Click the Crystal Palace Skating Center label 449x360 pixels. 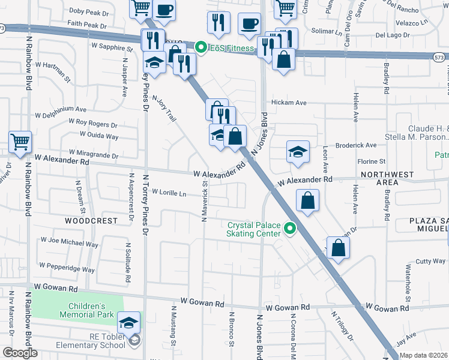pyautogui.click(x=253, y=229)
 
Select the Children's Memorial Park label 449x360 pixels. pyautogui.click(x=86, y=310)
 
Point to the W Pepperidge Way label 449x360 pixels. pyautogui.click(x=67, y=266)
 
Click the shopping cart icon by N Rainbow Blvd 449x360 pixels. pyautogui.click(x=20, y=143)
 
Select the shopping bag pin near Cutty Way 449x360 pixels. pyautogui.click(x=338, y=248)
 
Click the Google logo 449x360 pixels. pyautogui.click(x=20, y=353)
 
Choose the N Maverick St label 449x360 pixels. pyautogui.click(x=204, y=204)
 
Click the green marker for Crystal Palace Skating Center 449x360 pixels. pyautogui.click(x=291, y=229)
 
